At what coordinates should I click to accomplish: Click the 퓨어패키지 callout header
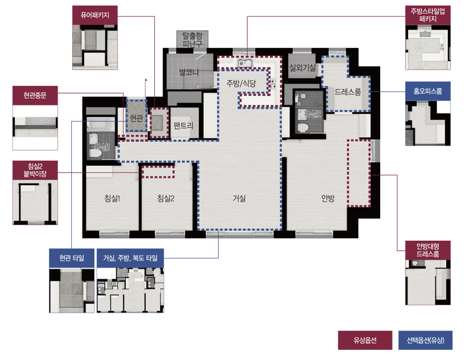pyautogui.click(x=95, y=15)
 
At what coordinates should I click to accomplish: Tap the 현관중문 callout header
pyautogui.click(x=35, y=95)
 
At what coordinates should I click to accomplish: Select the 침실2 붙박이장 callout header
pyautogui.click(x=35, y=170)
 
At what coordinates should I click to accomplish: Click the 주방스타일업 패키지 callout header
pyautogui.click(x=428, y=15)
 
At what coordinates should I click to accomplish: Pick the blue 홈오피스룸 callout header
pyautogui.click(x=428, y=91)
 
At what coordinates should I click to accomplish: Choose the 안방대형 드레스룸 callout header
pyautogui.click(x=428, y=250)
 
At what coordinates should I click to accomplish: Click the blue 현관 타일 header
pyautogui.click(x=72, y=258)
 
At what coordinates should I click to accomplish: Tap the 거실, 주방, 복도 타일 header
pyautogui.click(x=130, y=258)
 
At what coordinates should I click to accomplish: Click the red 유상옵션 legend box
pyautogui.click(x=365, y=340)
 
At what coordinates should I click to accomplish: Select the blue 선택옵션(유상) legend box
pyautogui.click(x=425, y=340)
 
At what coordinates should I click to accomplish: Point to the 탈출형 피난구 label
pyautogui.click(x=192, y=40)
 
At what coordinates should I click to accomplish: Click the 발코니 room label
pyautogui.click(x=189, y=72)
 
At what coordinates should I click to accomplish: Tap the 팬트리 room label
pyautogui.click(x=184, y=126)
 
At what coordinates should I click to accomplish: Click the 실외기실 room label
pyautogui.click(x=302, y=68)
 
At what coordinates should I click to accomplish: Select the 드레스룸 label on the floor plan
pyautogui.click(x=348, y=92)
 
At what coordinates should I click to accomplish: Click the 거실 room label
pyautogui.click(x=240, y=198)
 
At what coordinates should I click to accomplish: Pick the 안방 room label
pyautogui.click(x=328, y=198)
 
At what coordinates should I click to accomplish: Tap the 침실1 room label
pyautogui.click(x=113, y=198)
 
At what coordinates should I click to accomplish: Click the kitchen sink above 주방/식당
pyautogui.click(x=244, y=63)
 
